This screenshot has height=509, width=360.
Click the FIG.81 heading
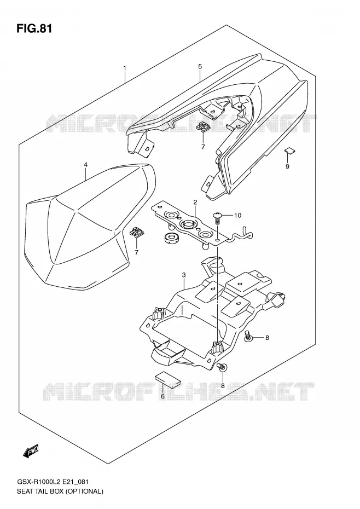pyautogui.click(x=34, y=28)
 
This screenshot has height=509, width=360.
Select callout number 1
pyautogui.click(x=125, y=68)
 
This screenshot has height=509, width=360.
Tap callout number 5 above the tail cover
pyautogui.click(x=200, y=67)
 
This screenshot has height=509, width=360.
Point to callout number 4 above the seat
pyautogui.click(x=85, y=165)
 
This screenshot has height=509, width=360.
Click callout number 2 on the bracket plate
pyautogui.click(x=195, y=203)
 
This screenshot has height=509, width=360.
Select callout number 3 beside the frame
pyautogui.click(x=184, y=275)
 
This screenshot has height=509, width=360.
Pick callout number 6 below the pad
pyautogui.click(x=162, y=396)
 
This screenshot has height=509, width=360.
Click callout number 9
pyautogui.click(x=287, y=166)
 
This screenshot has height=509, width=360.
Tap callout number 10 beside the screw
pyautogui.click(x=237, y=215)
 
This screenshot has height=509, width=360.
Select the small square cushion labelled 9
pyautogui.click(x=289, y=151)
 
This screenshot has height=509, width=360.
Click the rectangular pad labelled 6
pyautogui.click(x=168, y=379)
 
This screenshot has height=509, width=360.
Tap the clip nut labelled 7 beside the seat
pyautogui.click(x=137, y=233)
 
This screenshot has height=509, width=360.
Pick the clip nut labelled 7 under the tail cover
pyautogui.click(x=203, y=126)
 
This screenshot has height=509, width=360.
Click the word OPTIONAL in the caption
pyautogui.click(x=84, y=491)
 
